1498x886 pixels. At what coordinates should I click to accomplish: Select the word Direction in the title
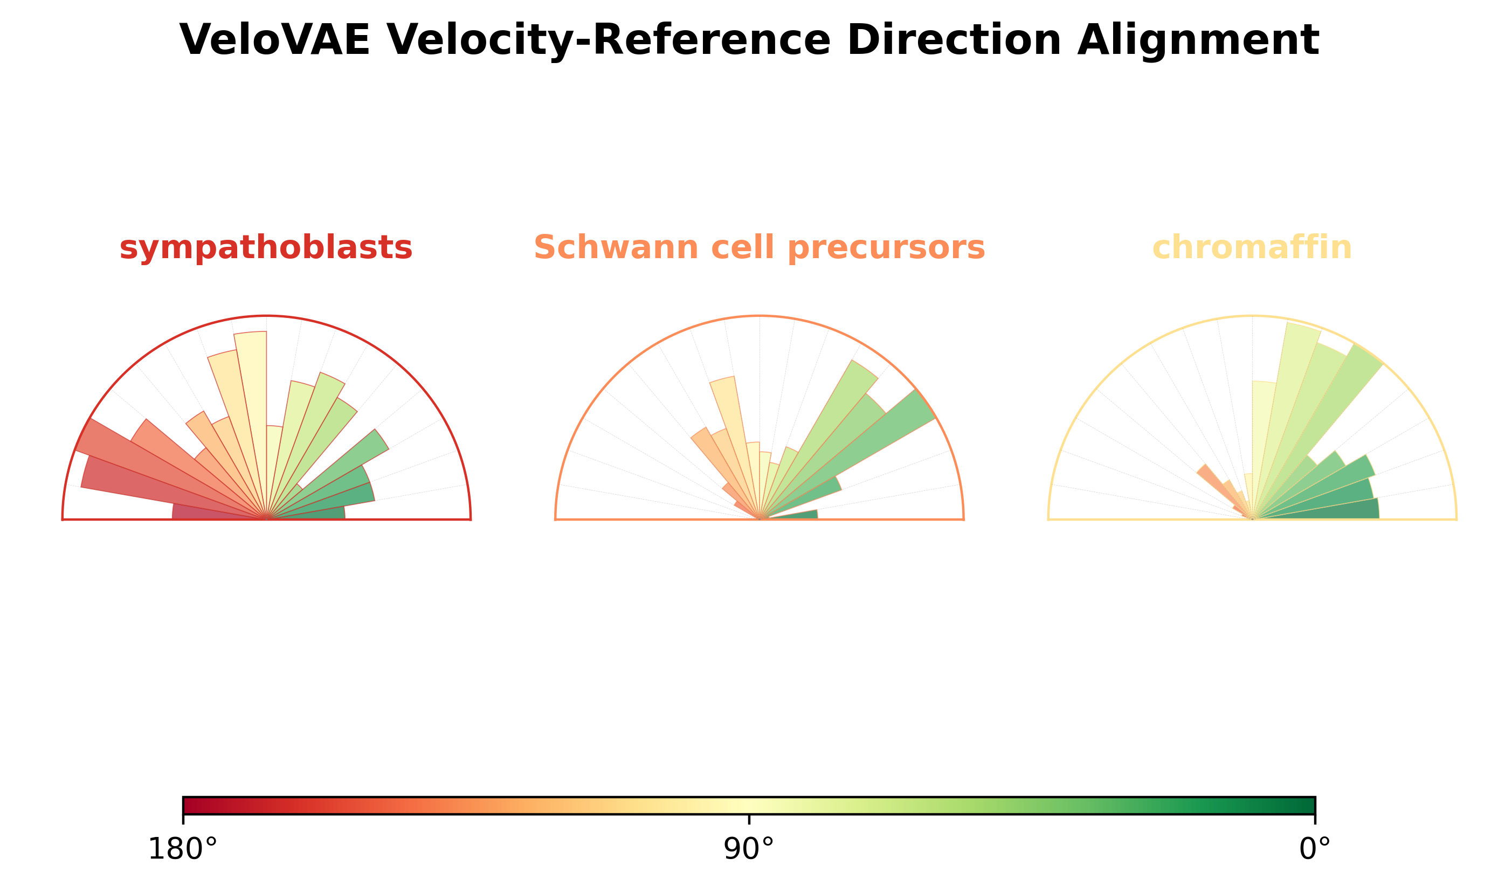coord(954,40)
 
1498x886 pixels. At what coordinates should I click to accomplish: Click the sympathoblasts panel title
coord(266,248)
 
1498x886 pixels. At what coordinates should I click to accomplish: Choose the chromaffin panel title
coord(1252,247)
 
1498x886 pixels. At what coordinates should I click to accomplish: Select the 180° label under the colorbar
coord(182,849)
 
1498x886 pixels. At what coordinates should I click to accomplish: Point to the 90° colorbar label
coord(749,849)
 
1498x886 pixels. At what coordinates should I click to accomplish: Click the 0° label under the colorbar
coord(1315,849)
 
